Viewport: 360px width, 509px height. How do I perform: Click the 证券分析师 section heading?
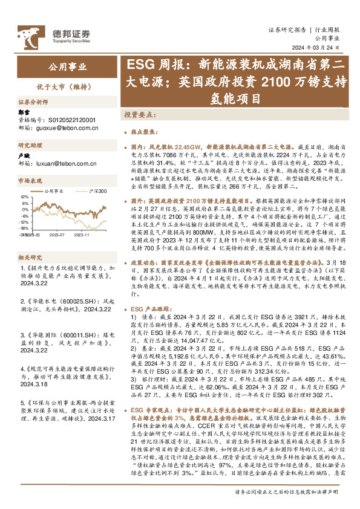click(33, 102)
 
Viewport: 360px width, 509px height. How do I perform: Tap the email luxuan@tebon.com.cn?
click(66, 163)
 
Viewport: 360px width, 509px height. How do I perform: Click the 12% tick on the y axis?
click(24, 197)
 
